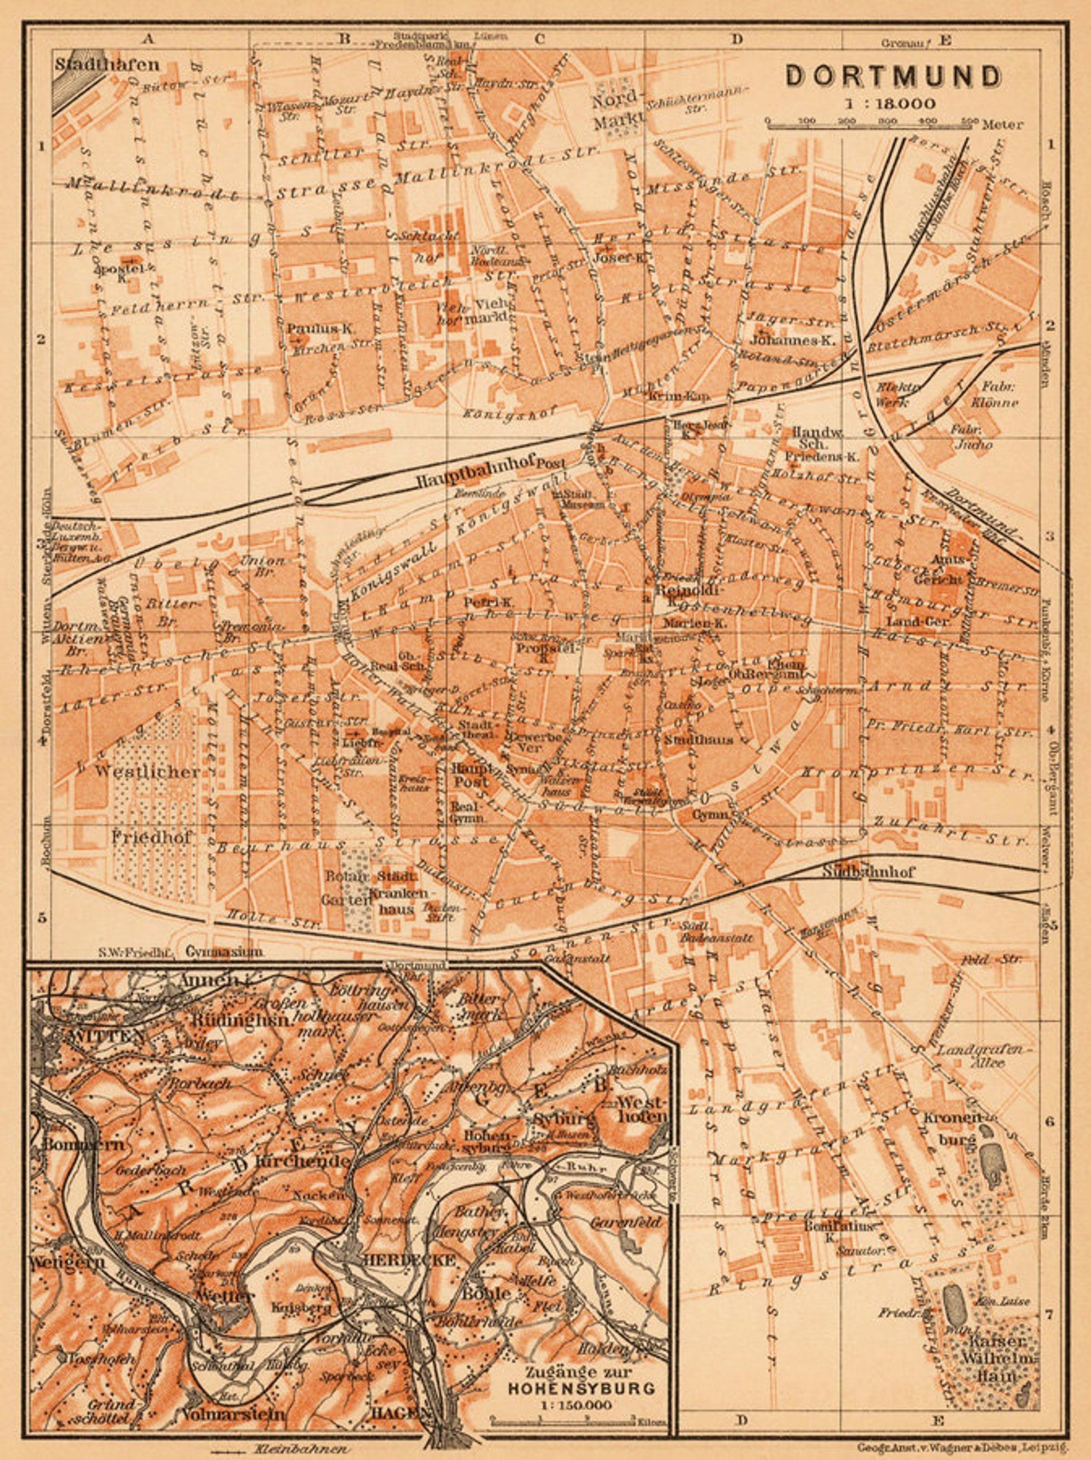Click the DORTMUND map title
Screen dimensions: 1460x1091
[893, 76]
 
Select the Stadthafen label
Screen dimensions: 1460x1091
[107, 65]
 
